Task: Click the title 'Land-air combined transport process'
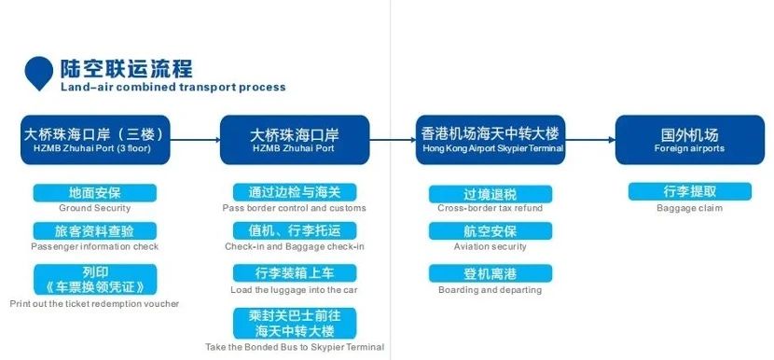(173, 88)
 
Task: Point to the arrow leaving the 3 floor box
(196, 141)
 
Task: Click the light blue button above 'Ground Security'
(94, 193)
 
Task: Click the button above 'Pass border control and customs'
(294, 193)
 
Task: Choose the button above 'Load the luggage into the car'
(294, 272)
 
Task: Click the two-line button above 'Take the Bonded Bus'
(294, 323)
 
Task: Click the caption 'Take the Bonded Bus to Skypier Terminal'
(295, 347)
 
